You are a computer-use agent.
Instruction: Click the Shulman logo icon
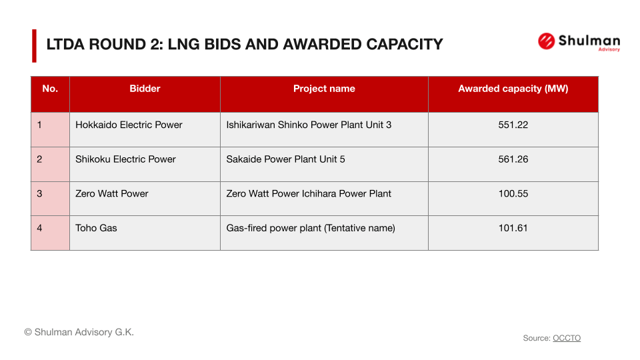click(546, 41)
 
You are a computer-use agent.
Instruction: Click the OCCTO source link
click(567, 338)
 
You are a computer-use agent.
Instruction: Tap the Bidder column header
click(145, 89)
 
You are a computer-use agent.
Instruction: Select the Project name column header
click(324, 89)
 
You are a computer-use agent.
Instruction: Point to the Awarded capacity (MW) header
click(513, 89)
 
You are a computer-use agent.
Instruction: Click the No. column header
click(50, 89)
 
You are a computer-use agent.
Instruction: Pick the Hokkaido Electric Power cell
click(129, 125)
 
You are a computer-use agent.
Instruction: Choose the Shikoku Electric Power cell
click(125, 159)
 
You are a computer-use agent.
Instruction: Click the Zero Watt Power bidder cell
click(112, 193)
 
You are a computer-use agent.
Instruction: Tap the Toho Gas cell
click(96, 228)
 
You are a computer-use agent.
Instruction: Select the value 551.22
click(513, 125)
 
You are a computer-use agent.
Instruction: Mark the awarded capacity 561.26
click(513, 159)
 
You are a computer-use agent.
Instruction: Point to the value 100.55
click(513, 193)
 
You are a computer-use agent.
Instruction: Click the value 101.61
click(513, 228)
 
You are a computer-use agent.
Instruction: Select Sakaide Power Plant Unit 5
click(285, 159)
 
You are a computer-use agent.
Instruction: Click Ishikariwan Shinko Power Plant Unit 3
click(309, 125)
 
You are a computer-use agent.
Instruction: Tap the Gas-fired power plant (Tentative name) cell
click(311, 228)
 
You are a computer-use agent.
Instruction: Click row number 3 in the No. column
click(40, 193)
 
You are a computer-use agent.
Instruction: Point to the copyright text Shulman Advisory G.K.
click(79, 332)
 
